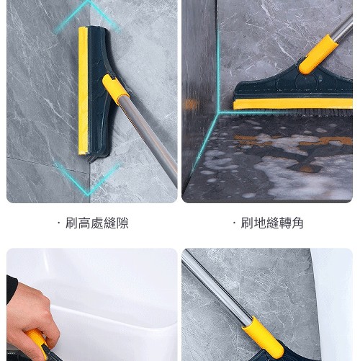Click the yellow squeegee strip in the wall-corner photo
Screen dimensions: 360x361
tap(83, 91)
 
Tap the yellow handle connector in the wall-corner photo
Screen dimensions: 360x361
tap(115, 89)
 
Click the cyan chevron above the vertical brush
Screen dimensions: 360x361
tap(89, 16)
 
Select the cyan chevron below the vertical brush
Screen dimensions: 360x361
tap(89, 179)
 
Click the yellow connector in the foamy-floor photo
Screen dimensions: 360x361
tap(318, 55)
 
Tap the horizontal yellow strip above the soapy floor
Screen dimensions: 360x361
tap(293, 104)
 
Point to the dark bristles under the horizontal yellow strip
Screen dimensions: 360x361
tap(295, 112)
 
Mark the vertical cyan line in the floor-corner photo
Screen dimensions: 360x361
tap(218, 55)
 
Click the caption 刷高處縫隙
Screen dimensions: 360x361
tap(97, 223)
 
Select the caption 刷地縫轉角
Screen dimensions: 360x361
tap(272, 223)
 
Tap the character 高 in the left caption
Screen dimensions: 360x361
tap(84, 223)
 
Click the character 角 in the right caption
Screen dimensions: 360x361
tap(297, 223)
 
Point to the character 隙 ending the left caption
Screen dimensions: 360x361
tap(122, 223)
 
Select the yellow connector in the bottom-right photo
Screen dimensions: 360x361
tap(264, 338)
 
